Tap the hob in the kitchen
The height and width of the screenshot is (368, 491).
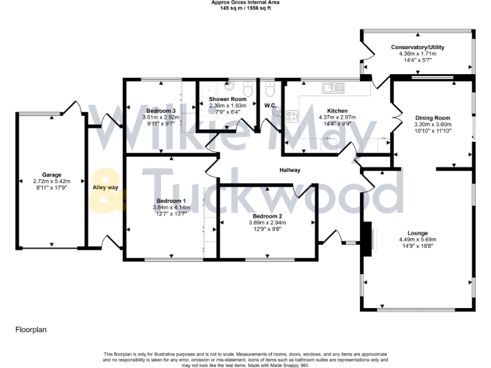[x=292, y=116]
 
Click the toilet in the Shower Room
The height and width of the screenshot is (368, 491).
[x=248, y=90]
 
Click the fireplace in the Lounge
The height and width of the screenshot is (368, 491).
[x=367, y=239]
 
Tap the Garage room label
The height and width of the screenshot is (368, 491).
[x=51, y=174]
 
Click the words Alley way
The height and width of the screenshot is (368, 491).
[x=105, y=187]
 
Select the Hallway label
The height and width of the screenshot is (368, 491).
[x=290, y=170]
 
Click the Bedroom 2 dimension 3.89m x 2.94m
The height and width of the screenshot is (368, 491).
[x=268, y=223]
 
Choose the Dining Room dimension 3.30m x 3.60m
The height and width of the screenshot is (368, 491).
[x=433, y=125]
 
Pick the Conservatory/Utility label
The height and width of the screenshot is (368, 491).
[x=417, y=47]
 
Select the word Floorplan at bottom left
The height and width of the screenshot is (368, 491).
[x=31, y=330]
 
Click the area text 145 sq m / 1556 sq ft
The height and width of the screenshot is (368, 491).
[x=245, y=8]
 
